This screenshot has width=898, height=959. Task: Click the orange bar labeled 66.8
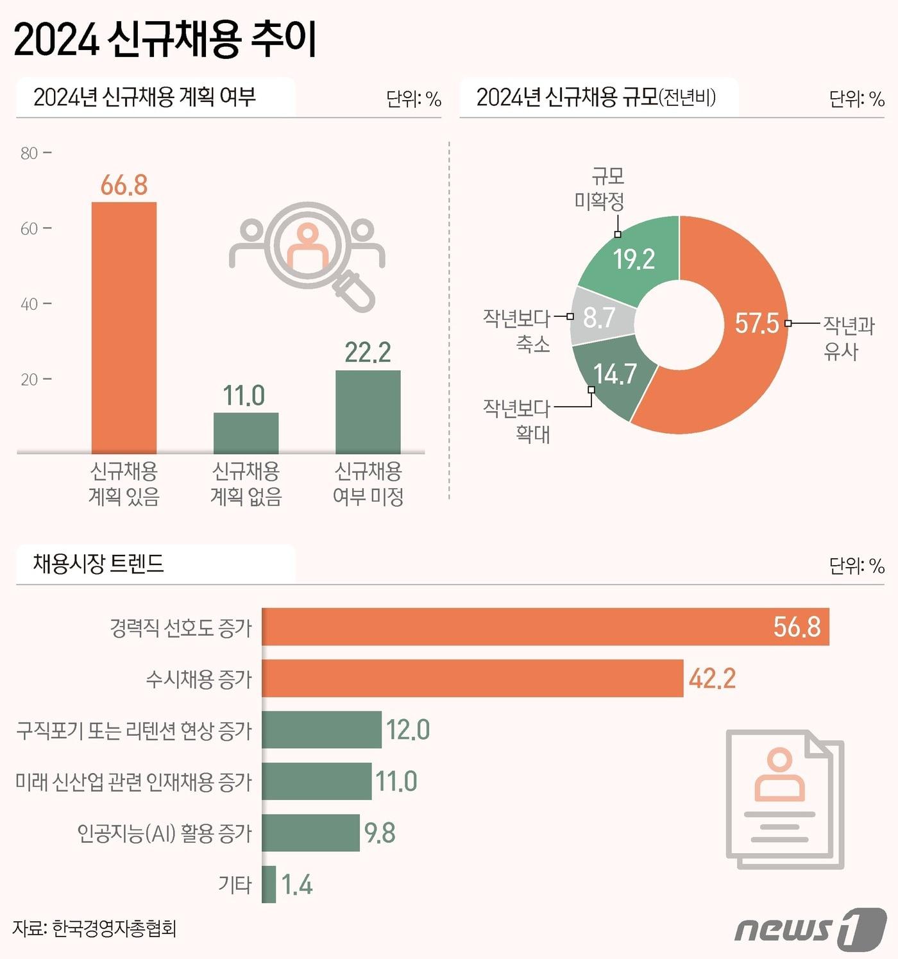click(124, 327)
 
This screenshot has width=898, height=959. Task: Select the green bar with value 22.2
click(368, 411)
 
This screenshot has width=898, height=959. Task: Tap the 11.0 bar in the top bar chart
click(246, 432)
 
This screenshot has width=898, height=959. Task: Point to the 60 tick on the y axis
click(30, 229)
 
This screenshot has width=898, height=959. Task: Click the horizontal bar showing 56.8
click(545, 627)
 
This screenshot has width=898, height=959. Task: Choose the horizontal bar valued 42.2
click(472, 678)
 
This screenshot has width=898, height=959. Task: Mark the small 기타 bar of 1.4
click(269, 885)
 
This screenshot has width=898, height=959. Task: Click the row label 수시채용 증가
click(199, 679)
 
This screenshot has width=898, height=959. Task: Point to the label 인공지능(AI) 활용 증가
click(165, 833)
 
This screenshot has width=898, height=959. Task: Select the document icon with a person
click(784, 799)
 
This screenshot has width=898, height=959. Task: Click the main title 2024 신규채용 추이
click(165, 40)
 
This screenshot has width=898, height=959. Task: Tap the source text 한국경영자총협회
click(114, 928)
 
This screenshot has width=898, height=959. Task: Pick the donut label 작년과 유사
click(848, 338)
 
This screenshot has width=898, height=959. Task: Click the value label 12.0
click(408, 730)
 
